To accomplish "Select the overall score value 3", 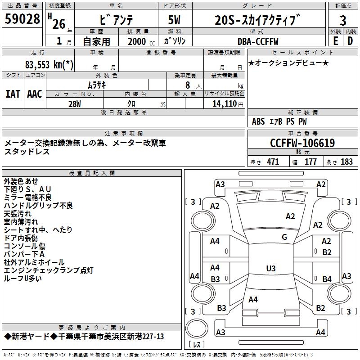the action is coord(343,21).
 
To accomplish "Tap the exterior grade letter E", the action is coord(335,40).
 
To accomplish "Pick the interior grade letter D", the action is coord(350,40).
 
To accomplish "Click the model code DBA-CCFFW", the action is coord(257,41).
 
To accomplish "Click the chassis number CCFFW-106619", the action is coord(302,143).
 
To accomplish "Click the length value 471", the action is coord(273,162).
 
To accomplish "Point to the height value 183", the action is coord(346,162).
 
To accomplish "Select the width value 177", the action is coord(310,162).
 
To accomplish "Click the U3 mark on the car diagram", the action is coord(270,269).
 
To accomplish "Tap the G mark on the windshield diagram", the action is coord(284,237).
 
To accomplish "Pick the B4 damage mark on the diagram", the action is coord(327,279).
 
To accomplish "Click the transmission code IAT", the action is coord(13,94).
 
